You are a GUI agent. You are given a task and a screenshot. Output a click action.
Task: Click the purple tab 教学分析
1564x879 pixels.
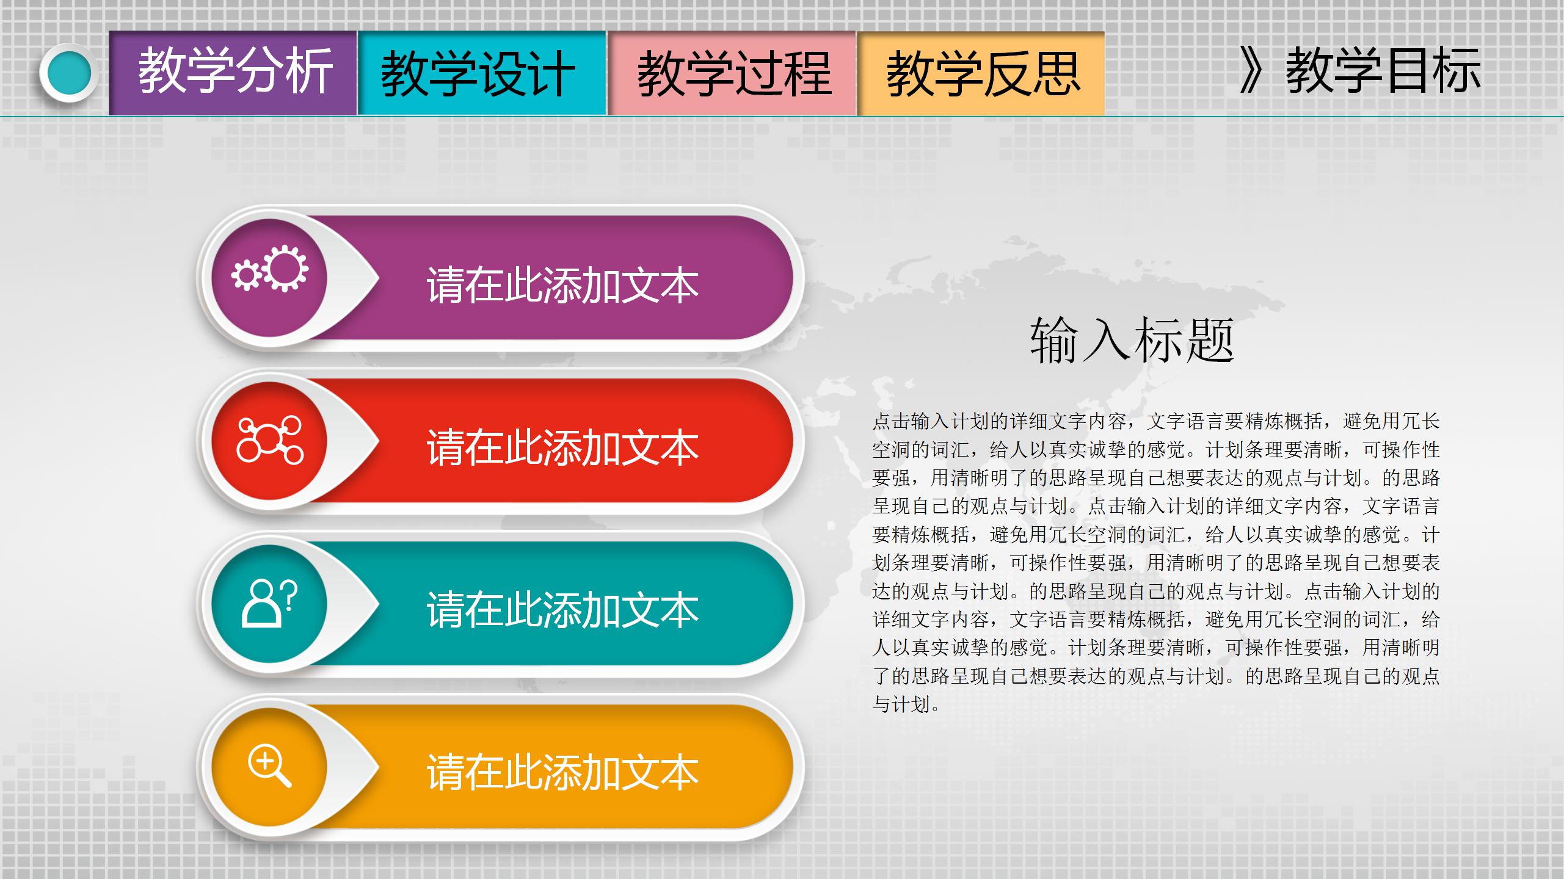click(x=233, y=73)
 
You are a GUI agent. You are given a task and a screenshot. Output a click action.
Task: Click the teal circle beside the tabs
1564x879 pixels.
click(x=68, y=73)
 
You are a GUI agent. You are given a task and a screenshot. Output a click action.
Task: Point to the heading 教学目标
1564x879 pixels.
click(x=1383, y=71)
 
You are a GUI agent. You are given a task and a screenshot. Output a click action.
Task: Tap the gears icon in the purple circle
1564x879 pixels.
click(x=270, y=269)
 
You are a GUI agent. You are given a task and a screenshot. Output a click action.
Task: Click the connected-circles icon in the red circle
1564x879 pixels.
click(x=270, y=440)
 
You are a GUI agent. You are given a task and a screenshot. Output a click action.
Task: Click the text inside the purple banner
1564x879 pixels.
click(x=562, y=285)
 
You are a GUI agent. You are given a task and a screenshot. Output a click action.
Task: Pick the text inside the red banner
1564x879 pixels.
click(x=562, y=448)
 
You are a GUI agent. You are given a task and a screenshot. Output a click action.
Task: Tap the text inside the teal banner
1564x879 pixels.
click(x=562, y=610)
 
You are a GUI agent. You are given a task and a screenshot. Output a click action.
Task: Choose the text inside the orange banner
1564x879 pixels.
click(x=562, y=773)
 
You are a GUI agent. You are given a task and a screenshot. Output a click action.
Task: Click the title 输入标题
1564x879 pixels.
click(x=1132, y=340)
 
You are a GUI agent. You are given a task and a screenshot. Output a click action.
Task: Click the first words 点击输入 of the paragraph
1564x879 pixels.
click(x=910, y=421)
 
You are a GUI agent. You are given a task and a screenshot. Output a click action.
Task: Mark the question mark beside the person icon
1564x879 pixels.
click(x=291, y=595)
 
